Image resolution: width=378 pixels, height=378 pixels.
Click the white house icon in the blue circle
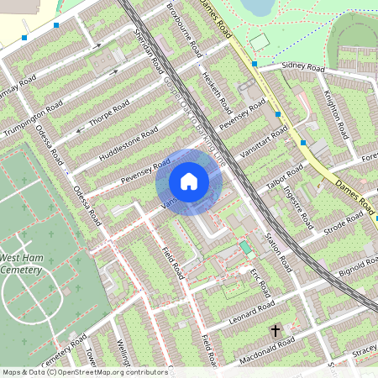189,181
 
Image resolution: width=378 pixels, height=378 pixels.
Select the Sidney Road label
303,67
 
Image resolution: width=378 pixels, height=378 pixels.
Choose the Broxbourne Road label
182,29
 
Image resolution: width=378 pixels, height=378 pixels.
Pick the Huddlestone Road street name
129,144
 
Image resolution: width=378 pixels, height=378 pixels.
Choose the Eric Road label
260,283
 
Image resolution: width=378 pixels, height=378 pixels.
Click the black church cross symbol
275,331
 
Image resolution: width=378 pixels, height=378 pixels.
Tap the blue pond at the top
257,7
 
